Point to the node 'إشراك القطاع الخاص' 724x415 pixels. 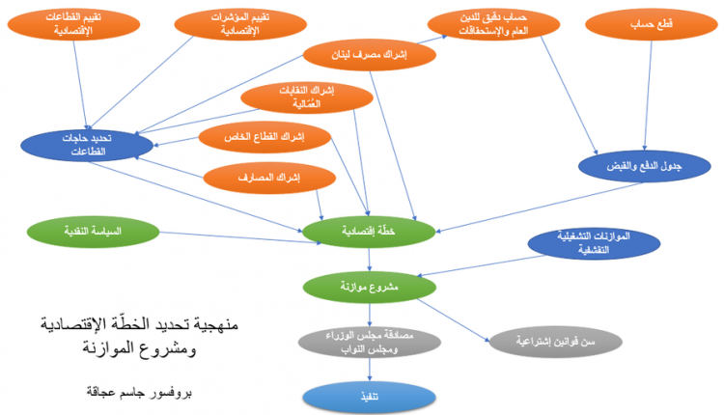point(265,137)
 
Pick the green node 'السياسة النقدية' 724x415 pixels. point(93,232)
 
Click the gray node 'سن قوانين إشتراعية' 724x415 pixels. point(549,342)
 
